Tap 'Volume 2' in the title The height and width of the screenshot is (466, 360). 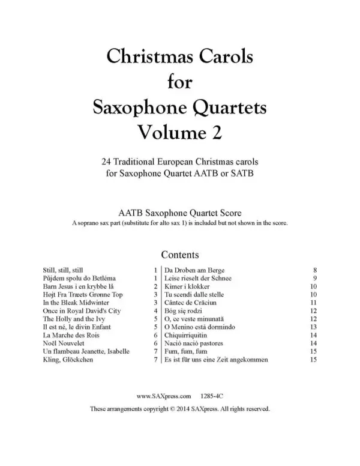coord(181,132)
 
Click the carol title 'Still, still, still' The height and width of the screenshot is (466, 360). coord(63,270)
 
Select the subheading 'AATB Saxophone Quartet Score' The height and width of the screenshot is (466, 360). coord(180,213)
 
